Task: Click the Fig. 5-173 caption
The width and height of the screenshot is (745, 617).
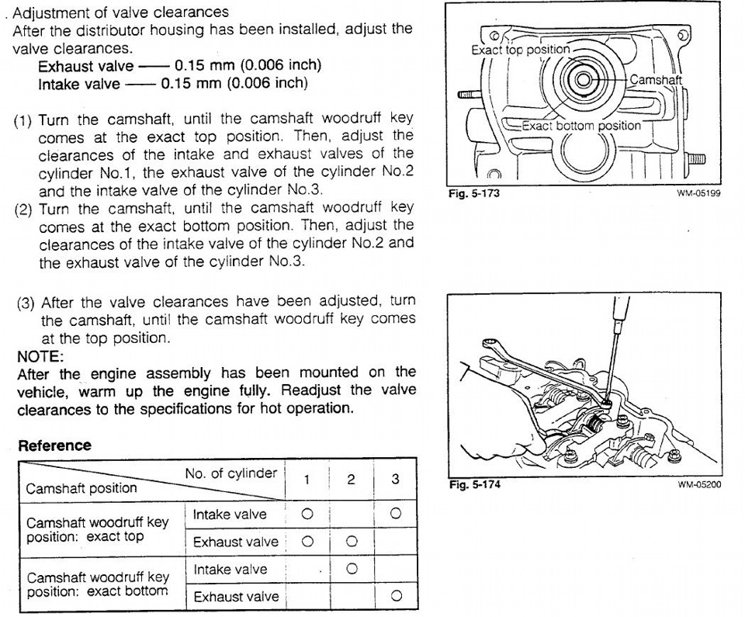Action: tap(473, 193)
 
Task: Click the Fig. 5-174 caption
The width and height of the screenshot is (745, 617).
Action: tap(475, 485)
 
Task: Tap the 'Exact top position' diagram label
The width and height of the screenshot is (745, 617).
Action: tap(520, 50)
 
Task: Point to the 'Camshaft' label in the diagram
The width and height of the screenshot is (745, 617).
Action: tap(656, 79)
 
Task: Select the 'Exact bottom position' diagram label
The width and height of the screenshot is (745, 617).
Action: tap(581, 126)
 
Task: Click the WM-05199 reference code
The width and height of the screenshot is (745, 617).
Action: tap(699, 193)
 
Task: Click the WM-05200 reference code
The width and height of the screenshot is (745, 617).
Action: tap(699, 484)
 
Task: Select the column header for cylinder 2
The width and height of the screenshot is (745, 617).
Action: tap(351, 479)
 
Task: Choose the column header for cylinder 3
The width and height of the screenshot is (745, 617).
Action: tap(395, 479)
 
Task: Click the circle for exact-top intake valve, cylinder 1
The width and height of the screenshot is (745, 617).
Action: tap(307, 514)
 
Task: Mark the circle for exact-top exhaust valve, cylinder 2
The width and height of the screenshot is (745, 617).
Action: tap(352, 541)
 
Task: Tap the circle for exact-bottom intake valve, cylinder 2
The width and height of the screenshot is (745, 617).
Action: tap(352, 569)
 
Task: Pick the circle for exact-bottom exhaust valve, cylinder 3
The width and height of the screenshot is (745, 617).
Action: tap(397, 595)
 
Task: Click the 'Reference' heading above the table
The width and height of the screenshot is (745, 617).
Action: tap(54, 445)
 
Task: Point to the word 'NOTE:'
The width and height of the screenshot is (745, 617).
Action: tap(40, 356)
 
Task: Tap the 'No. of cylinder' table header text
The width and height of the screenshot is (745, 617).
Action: tap(231, 473)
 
